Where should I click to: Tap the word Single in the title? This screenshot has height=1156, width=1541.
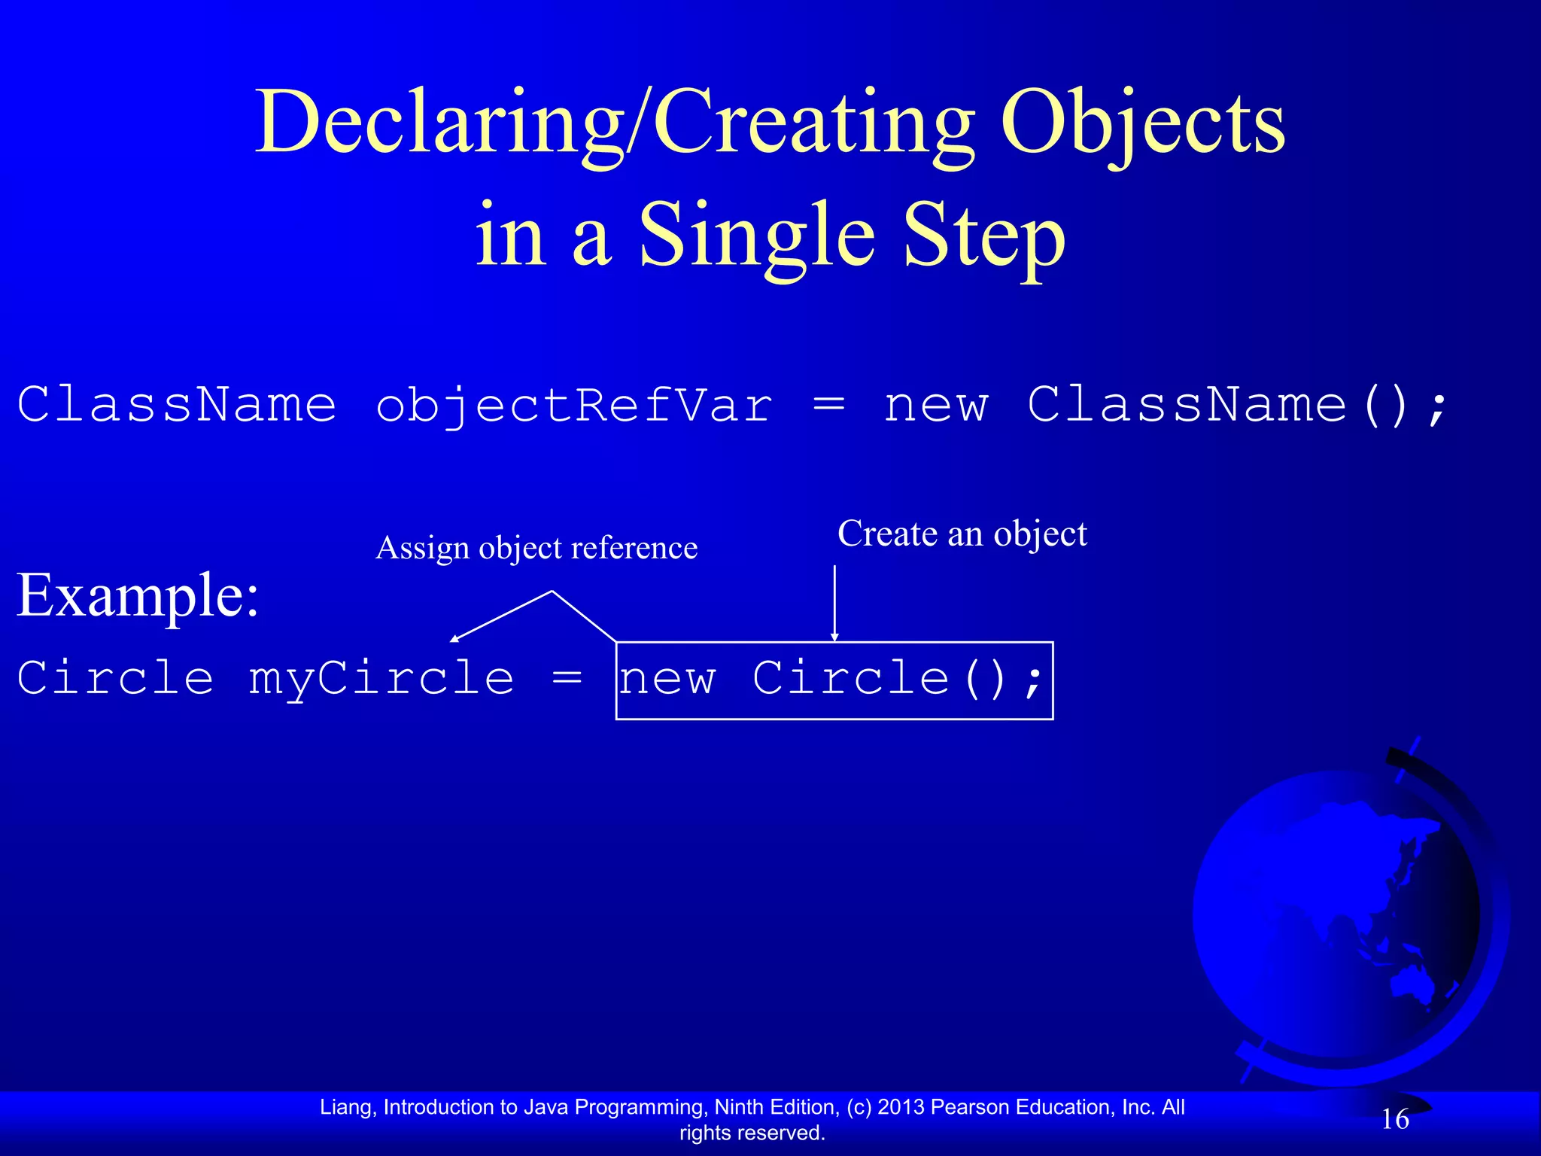[x=757, y=236]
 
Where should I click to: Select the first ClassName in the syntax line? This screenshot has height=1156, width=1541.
[x=177, y=405]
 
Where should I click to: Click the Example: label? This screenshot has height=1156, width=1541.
[x=138, y=595]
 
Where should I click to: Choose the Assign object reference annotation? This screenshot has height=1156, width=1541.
[x=536, y=548]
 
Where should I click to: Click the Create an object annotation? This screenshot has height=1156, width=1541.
[x=962, y=534]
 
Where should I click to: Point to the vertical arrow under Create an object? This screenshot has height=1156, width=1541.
[x=834, y=602]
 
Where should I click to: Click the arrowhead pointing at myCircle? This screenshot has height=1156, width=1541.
[x=454, y=640]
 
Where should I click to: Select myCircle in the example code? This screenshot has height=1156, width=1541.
[x=381, y=679]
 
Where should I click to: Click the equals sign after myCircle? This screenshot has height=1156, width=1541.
[x=567, y=677]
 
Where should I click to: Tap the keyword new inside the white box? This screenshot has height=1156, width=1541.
[x=667, y=679]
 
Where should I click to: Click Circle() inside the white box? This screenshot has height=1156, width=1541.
[x=879, y=679]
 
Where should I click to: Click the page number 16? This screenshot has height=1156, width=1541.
[x=1395, y=1119]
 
